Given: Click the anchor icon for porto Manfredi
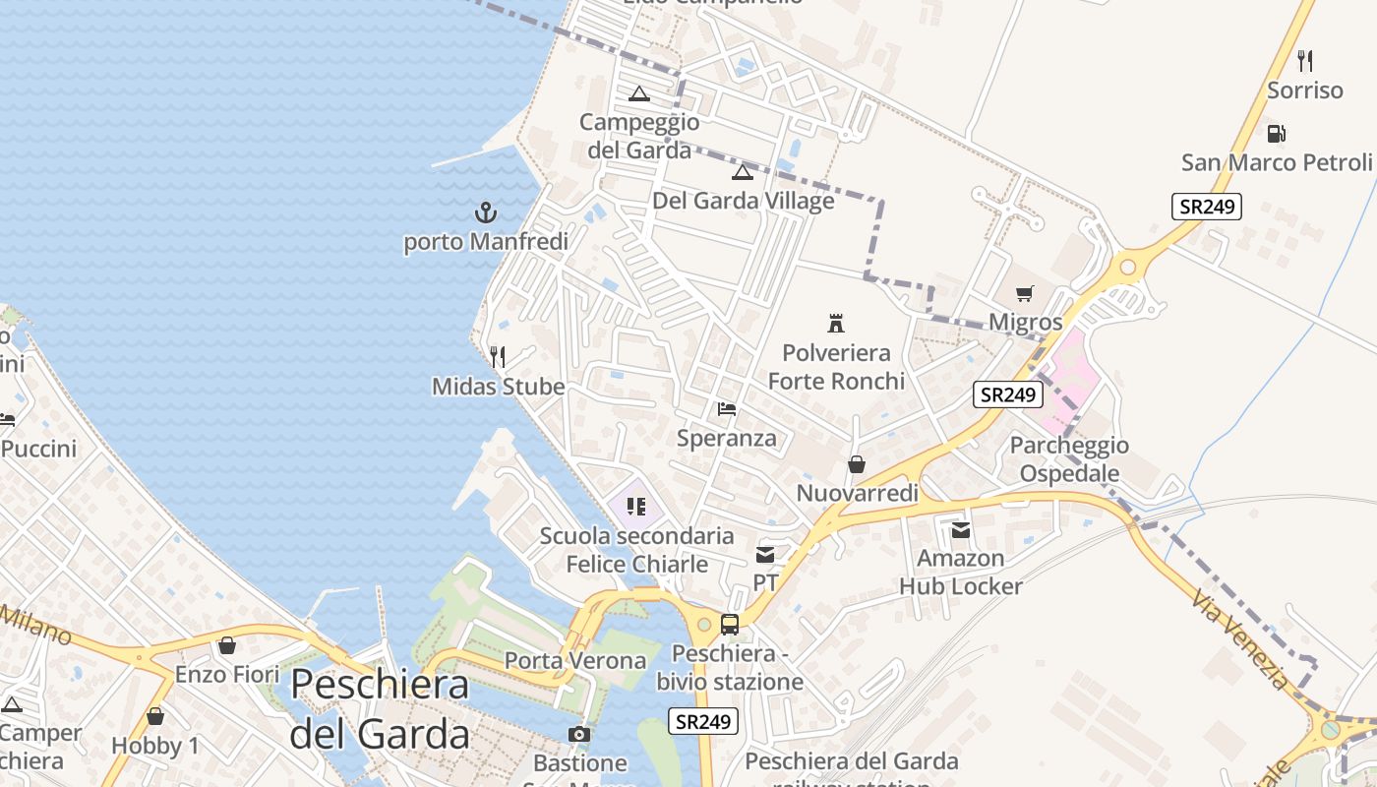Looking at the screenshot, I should coord(486,212).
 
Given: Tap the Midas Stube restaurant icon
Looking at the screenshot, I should coord(498,356).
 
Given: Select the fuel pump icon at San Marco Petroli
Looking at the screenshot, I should coord(1276,133).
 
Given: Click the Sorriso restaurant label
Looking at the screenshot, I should coord(1304,91).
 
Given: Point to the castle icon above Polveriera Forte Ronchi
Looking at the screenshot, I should coord(836,323).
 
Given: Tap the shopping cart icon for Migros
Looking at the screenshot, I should coord(1025,293).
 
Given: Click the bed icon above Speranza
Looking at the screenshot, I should coord(727,408).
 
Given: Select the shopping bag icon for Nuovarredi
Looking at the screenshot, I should coord(857,464).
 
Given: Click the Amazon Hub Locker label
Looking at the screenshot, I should coord(960,573).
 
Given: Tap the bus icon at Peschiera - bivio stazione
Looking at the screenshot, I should coord(730,624).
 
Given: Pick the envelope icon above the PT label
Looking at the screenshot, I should coord(765,555).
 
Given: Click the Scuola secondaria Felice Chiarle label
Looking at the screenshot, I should coord(636,550).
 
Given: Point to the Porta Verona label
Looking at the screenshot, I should coord(575,660).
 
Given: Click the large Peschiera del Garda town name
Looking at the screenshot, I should coord(380,708).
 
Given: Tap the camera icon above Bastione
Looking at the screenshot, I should coord(579,734).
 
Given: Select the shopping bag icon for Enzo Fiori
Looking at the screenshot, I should coord(227,645).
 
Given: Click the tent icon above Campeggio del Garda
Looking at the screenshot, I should coord(639,94).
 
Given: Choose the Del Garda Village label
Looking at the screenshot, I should coord(744,201).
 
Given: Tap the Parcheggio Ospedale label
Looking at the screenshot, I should coord(1069,459).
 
